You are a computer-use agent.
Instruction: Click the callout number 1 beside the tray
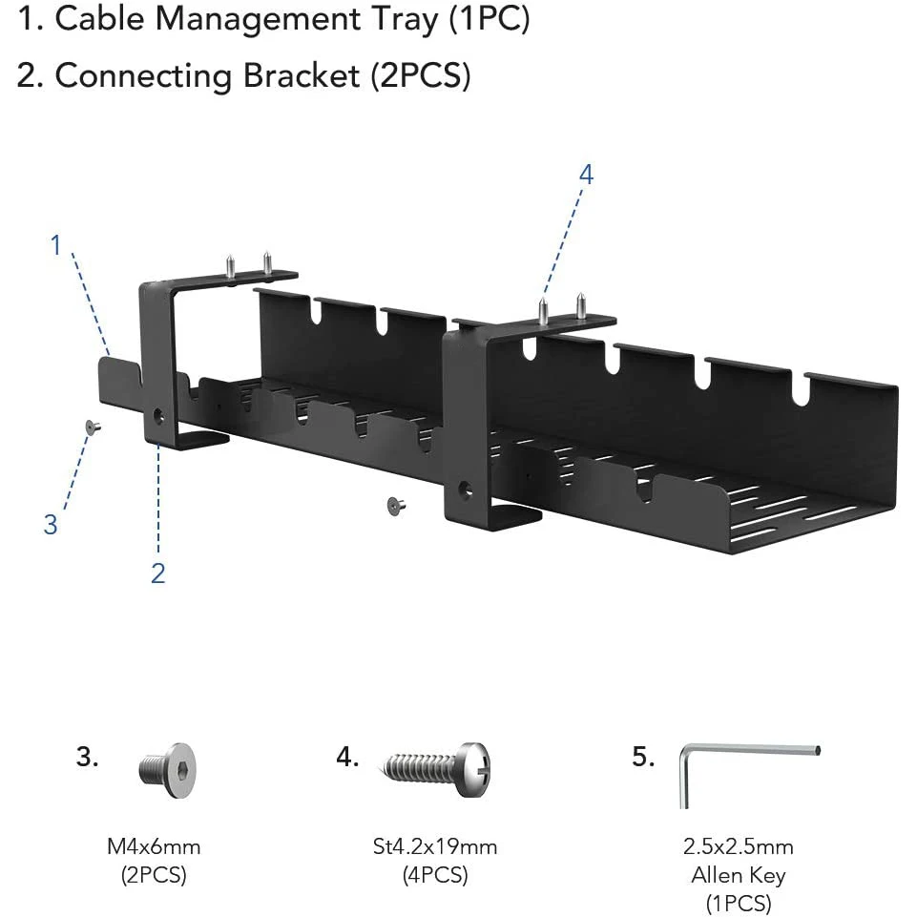[55, 245]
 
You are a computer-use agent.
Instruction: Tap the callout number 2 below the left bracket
[157, 573]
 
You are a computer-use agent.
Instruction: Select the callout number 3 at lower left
[51, 524]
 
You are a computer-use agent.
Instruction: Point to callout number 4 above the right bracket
[586, 175]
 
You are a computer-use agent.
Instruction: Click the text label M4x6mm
[153, 846]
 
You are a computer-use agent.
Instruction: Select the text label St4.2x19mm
[434, 846]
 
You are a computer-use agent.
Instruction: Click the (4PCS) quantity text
[434, 875]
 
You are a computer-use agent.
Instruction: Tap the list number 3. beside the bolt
[88, 758]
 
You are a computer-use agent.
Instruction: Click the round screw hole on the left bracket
[157, 417]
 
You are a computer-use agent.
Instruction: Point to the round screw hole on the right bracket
[466, 490]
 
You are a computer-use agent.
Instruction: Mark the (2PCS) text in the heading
[421, 76]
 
